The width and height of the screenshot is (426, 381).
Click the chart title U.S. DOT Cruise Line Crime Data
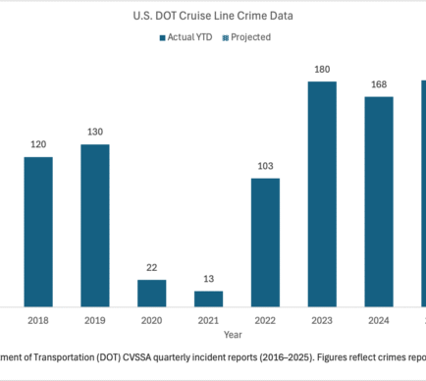(x=213, y=16)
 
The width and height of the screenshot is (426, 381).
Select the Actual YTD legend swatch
(x=162, y=38)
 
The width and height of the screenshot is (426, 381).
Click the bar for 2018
(x=38, y=232)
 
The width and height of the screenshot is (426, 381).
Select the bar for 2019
(x=95, y=226)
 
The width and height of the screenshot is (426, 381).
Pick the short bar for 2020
(x=152, y=294)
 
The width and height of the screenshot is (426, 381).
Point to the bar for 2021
(x=209, y=299)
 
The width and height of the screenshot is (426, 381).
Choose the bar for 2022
(x=265, y=243)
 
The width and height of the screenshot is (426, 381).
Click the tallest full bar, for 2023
(x=322, y=194)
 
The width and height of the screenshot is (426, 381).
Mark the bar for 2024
(x=379, y=201)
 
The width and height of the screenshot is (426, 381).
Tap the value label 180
(x=322, y=70)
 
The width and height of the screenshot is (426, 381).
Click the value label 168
(x=379, y=84)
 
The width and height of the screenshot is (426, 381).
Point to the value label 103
(x=265, y=166)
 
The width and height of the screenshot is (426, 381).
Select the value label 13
(x=209, y=279)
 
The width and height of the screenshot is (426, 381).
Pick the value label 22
(x=152, y=268)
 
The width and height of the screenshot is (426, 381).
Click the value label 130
(x=95, y=132)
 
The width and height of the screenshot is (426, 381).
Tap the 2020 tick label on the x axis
(x=152, y=320)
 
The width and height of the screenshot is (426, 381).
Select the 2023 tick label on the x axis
(x=322, y=320)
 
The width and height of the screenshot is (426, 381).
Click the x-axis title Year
(x=233, y=335)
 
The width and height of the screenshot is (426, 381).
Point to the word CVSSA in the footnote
(x=137, y=357)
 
